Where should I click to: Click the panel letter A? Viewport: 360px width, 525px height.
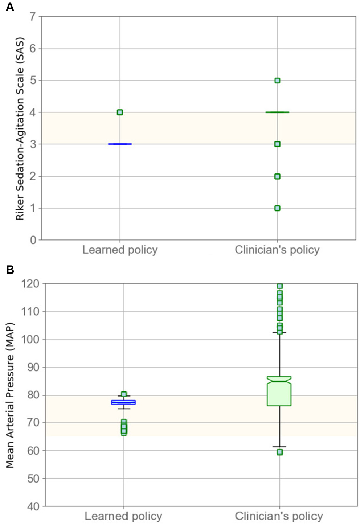10,7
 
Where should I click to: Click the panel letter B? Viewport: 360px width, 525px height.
10,270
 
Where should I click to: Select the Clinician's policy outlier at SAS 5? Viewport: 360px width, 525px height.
277,81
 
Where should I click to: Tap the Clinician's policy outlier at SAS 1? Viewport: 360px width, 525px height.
277,208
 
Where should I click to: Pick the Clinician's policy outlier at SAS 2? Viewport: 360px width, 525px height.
277,176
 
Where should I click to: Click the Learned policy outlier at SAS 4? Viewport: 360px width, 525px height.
120,112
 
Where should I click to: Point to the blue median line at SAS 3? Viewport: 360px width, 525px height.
120,144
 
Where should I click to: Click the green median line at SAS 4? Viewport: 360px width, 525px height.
277,112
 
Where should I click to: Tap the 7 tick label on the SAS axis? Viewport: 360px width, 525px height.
33,17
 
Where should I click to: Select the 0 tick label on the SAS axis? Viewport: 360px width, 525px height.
33,240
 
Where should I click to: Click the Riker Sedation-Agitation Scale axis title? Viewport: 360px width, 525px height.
20,128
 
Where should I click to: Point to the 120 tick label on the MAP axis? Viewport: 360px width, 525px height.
30,284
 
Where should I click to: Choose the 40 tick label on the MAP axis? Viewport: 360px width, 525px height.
33,506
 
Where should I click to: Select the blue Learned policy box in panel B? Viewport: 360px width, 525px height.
124,402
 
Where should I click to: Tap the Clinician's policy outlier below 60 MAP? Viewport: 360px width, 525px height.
279,452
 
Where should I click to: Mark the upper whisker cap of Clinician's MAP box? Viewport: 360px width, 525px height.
279,332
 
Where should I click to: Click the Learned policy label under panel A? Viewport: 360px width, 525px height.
120,250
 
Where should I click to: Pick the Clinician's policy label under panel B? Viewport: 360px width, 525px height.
279,516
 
